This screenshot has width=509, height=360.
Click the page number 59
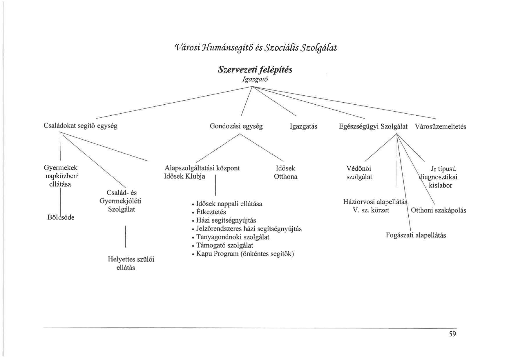coord(452,334)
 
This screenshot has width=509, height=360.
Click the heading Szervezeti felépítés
coord(255,70)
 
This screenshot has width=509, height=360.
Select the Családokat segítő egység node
coord(80,126)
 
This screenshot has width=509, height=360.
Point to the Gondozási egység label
coord(236,126)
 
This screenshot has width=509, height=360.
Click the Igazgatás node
coord(303,126)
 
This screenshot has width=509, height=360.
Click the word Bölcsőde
coord(61,217)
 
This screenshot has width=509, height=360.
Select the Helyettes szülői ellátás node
coord(131,263)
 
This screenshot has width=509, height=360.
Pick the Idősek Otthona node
coord(285,172)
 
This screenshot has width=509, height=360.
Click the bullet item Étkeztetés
coord(211,212)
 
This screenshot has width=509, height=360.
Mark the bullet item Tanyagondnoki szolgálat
coord(233,237)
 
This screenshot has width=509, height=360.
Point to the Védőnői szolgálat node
coord(359,173)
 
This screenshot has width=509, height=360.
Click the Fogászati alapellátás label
coord(416,235)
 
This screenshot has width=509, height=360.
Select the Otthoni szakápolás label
coord(439,210)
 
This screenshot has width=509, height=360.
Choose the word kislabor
coord(440,186)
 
